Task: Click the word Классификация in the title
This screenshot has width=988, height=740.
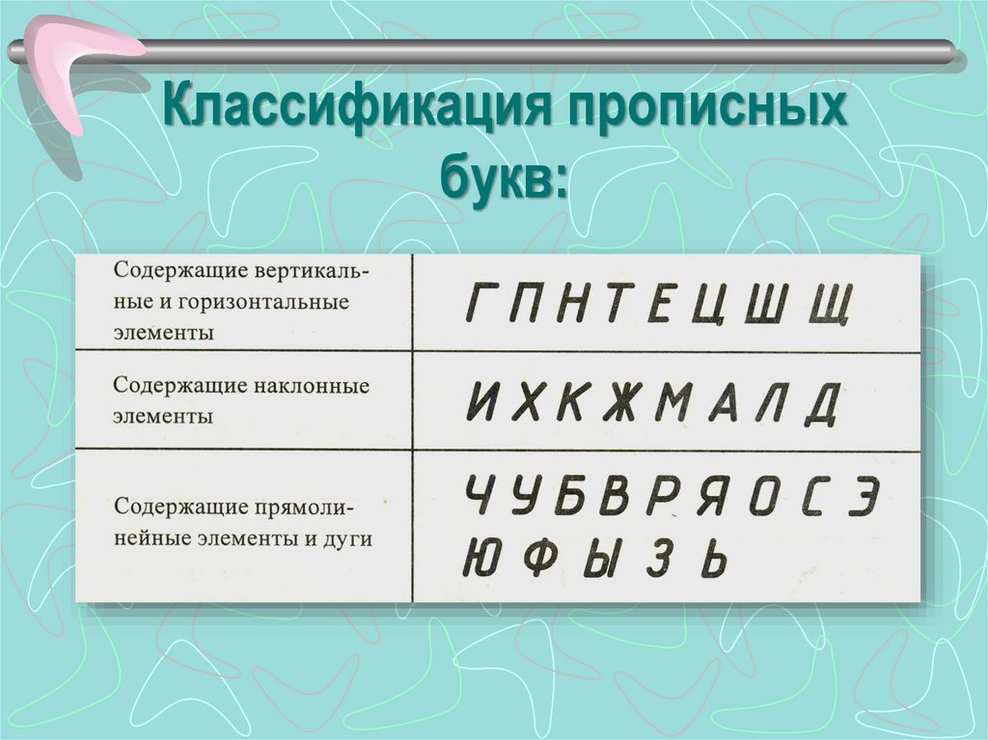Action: [353, 112]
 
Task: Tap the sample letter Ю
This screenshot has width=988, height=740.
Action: [481, 557]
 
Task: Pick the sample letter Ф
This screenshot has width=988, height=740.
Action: [542, 557]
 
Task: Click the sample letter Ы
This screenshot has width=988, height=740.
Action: [601, 557]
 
